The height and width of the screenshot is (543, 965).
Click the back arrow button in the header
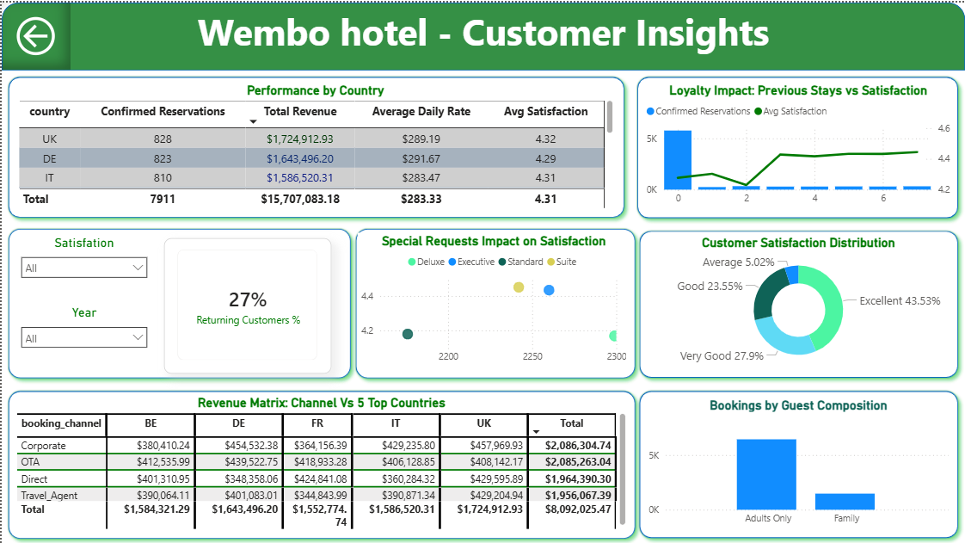coord(36,36)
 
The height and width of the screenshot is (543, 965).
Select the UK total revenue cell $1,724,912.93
coord(299,139)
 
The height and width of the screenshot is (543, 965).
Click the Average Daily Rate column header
coord(421,112)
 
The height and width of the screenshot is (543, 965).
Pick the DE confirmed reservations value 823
coord(163,158)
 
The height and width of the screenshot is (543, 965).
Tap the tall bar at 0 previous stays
coord(678,160)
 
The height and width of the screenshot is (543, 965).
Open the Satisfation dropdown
coord(84,268)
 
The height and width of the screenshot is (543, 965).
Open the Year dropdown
coord(84,338)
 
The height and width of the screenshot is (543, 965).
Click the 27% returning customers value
coord(248,299)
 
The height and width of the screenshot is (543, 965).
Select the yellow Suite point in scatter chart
coord(519,287)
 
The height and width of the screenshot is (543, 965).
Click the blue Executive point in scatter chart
coord(549,290)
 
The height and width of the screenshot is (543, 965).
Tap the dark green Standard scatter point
coord(408,334)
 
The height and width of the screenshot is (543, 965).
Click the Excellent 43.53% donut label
coord(900,301)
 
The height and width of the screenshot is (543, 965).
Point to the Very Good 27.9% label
coord(722,356)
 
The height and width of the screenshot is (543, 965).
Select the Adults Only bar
coord(765,475)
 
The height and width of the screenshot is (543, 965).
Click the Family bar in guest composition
coord(845,502)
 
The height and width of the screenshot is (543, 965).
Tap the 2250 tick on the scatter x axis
coord(532,356)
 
